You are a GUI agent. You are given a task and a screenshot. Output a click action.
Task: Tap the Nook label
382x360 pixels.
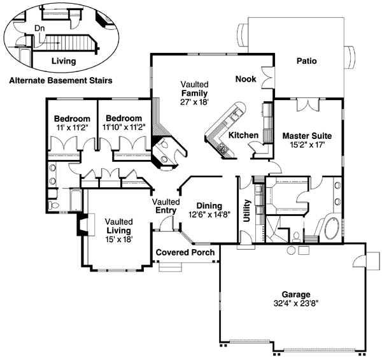[246, 79]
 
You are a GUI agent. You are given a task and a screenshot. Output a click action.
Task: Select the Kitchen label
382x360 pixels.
[243, 135]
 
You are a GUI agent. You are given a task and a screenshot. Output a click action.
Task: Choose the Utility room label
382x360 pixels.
[246, 210]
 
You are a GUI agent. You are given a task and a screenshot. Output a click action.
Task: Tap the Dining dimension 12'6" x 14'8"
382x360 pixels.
[209, 215]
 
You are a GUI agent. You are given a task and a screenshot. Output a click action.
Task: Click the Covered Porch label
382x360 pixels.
[185, 252]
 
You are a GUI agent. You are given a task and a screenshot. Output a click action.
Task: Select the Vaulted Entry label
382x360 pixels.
[165, 206]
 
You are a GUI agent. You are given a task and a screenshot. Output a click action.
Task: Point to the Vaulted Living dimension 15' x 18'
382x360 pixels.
[118, 240]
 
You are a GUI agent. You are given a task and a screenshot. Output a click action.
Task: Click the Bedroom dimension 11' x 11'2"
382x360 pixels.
[71, 127]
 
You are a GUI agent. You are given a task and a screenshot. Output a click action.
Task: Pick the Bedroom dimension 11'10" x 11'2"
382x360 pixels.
[124, 127]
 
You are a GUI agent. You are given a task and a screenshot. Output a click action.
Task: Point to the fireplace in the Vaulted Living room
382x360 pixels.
[81, 225]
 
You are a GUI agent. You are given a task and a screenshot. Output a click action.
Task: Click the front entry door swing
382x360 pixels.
[166, 224]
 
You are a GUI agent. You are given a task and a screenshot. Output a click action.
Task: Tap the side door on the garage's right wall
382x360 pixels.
[362, 262]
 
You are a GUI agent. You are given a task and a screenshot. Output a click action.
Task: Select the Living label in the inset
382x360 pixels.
[63, 62]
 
